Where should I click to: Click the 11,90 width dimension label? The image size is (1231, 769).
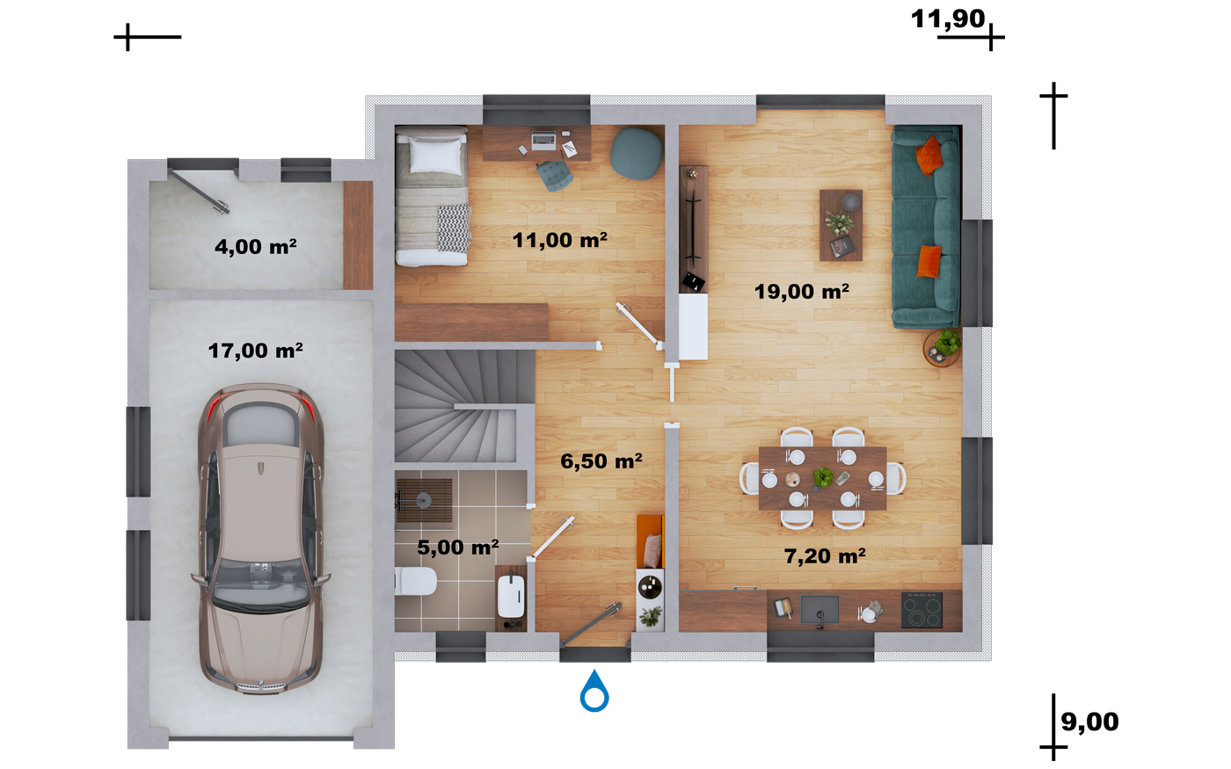click(948, 18)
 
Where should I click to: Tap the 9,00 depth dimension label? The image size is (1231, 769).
click(1089, 722)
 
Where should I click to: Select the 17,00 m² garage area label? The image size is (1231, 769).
click(256, 351)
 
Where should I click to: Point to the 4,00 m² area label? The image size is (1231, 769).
click(256, 246)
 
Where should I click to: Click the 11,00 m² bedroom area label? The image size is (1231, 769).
click(560, 239)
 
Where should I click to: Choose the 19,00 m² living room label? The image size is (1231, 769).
click(802, 291)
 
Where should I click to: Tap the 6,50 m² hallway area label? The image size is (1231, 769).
click(601, 461)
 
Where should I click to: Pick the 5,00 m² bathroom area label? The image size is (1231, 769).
click(458, 547)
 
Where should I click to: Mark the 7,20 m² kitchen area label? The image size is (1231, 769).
click(825, 555)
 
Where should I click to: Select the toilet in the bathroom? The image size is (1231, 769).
click(415, 581)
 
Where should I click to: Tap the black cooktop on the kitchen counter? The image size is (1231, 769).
click(921, 610)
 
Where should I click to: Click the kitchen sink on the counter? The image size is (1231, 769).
click(819, 611)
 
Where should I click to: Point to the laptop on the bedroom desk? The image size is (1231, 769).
click(543, 140)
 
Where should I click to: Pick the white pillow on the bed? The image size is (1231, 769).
click(436, 156)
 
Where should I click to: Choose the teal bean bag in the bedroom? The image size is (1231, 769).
click(637, 154)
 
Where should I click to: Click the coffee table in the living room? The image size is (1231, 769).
click(841, 225)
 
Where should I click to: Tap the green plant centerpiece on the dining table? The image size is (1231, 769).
click(823, 476)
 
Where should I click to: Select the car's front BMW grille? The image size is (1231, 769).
click(260, 686)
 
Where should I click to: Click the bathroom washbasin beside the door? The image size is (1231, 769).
click(511, 597)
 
